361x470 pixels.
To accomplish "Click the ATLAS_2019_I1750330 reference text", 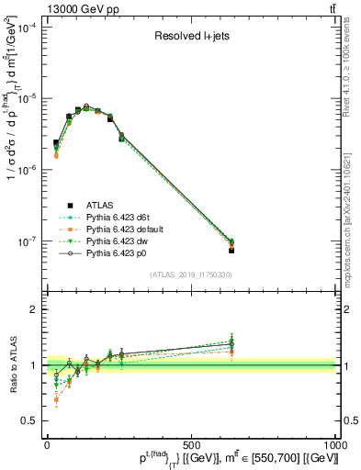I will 190,275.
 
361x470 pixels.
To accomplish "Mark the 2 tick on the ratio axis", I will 36,309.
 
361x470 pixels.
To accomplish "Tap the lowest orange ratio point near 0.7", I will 56,399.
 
